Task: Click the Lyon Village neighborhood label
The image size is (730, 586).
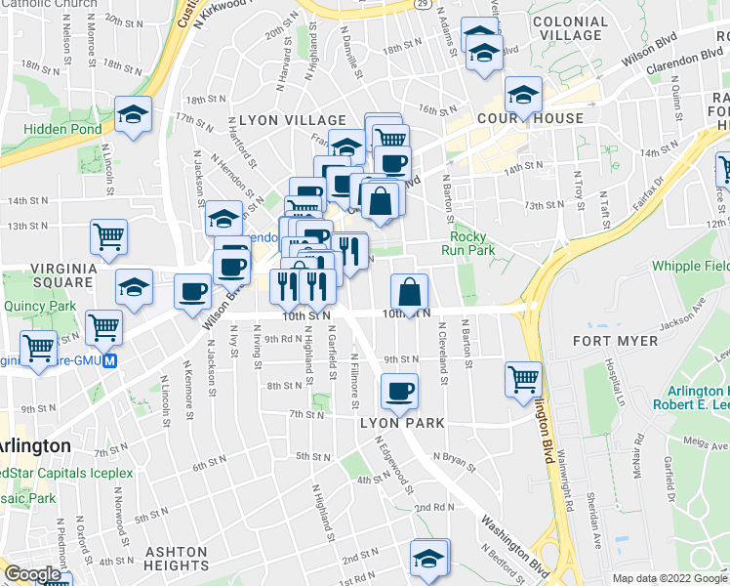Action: coord(280,119)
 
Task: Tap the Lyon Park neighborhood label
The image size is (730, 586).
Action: coord(402,423)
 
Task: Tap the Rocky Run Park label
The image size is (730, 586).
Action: coord(473,243)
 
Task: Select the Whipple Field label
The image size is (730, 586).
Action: coord(690,266)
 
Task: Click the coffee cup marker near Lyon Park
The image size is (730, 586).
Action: coord(398,392)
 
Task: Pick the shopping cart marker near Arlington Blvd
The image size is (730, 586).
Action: coord(524,377)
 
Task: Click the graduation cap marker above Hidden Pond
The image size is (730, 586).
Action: coord(134,114)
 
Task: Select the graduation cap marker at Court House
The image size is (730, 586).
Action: coord(524,94)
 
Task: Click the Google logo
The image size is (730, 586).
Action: coord(33,575)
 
